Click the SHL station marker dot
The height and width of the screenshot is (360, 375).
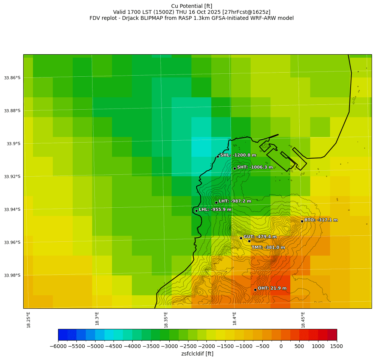coord(218,156)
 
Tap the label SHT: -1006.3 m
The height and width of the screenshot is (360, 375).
coord(255,167)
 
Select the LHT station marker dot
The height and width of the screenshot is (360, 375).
coord(216,202)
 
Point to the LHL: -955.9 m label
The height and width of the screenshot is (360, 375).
coord(215,210)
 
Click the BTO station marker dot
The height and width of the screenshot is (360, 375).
coord(302,221)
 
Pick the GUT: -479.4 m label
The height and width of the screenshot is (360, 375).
coord(260,237)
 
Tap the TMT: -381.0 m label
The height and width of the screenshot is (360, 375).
coord(268,247)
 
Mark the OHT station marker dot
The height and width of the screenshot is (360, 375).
coord(255,290)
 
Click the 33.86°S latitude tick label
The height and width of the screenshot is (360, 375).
coord(12,78)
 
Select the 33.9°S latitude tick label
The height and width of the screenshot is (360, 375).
coord(13,144)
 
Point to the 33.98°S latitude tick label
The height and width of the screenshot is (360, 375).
coord(12,275)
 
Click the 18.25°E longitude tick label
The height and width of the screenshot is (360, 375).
coord(29,320)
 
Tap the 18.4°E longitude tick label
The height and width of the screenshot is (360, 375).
coord(235,318)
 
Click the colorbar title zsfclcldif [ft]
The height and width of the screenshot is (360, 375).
coord(197,354)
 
